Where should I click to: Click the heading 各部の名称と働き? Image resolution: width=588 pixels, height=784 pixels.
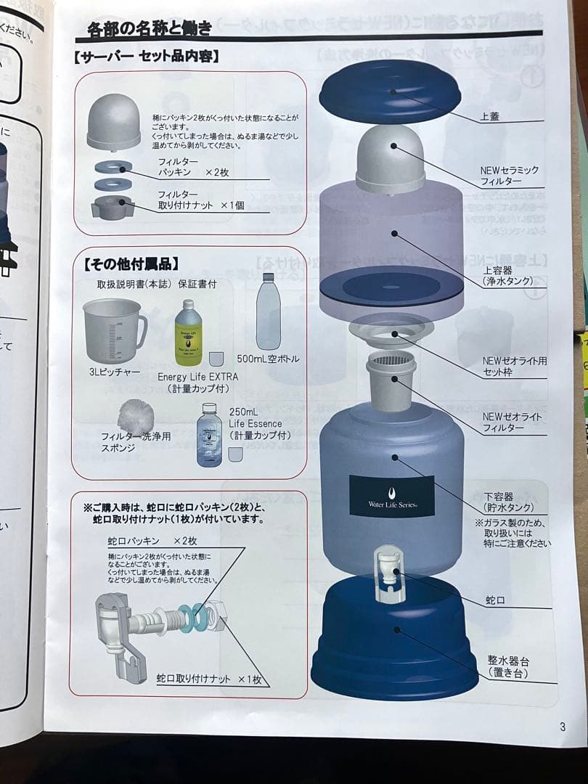[150, 29]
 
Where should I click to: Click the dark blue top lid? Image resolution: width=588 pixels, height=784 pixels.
[390, 91]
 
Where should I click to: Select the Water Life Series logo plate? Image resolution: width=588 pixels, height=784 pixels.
[391, 496]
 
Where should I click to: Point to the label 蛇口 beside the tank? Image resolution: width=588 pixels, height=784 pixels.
[496, 601]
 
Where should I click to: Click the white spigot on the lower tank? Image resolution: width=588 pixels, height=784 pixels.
[389, 573]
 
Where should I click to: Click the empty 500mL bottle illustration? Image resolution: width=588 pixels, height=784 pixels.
[268, 312]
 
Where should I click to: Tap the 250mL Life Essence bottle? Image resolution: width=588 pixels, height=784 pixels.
[209, 435]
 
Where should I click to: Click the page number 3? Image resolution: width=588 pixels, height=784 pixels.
[562, 727]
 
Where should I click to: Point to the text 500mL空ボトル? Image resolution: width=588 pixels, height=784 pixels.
[268, 359]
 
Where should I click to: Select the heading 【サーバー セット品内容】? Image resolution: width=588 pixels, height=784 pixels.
[147, 56]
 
